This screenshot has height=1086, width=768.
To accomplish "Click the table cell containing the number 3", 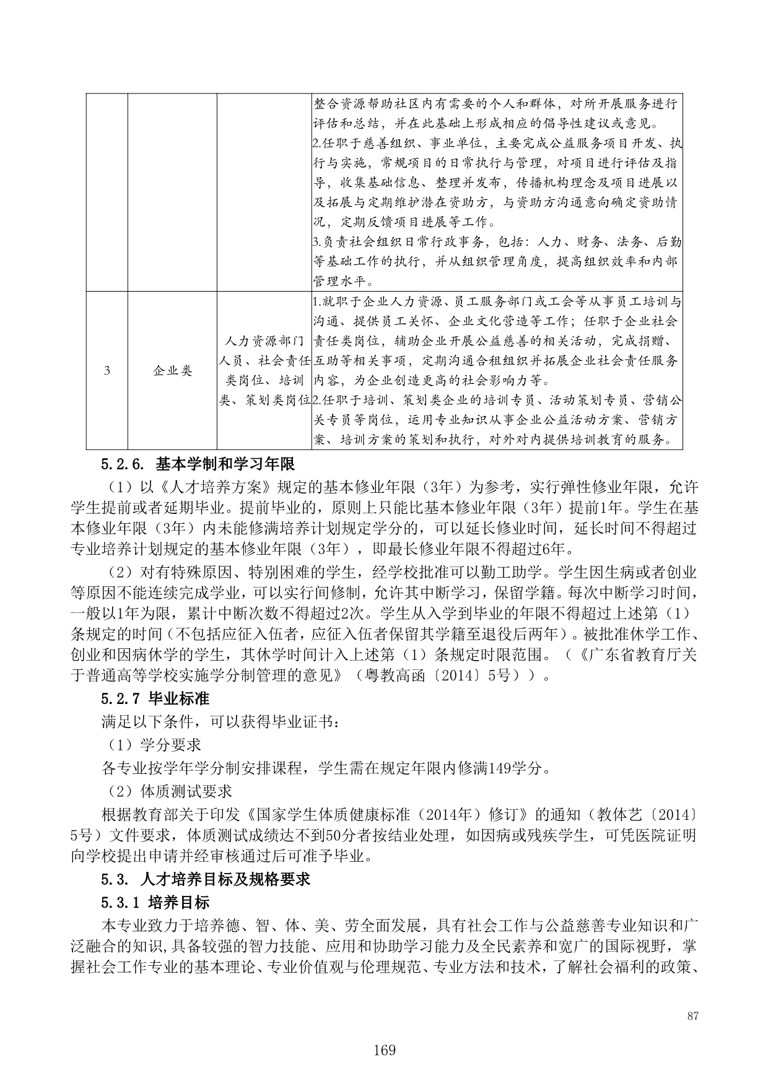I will (x=107, y=371).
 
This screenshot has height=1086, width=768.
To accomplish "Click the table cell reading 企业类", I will (x=173, y=371).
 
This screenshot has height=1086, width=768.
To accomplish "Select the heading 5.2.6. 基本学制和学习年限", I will (x=198, y=464).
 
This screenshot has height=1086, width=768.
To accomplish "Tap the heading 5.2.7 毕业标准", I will (x=155, y=699).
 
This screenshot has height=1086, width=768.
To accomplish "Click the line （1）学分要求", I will (x=151, y=745).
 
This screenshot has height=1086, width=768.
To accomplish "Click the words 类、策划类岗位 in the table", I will (x=264, y=401).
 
